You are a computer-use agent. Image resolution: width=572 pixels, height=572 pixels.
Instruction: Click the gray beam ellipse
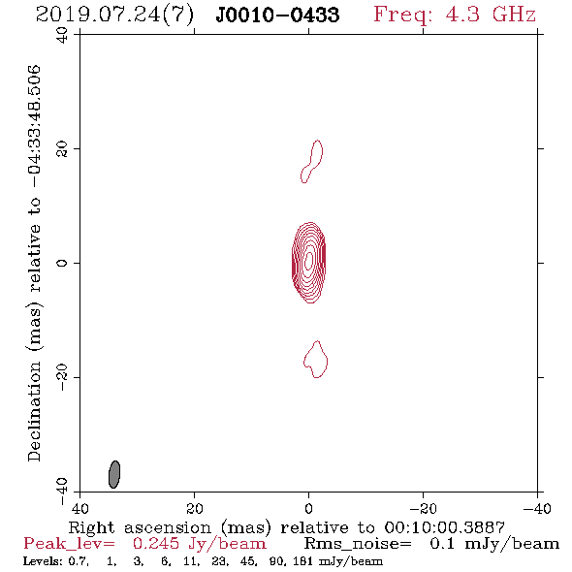(114, 474)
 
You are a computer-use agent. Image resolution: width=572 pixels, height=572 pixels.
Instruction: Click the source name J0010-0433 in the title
(277, 16)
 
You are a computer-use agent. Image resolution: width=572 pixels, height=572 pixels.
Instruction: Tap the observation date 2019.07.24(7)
(114, 16)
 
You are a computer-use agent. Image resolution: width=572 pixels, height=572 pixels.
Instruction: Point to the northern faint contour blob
(312, 161)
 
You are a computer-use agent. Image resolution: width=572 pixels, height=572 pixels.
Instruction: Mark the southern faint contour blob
(316, 360)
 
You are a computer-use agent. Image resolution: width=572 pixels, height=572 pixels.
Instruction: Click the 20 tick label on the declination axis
(62, 149)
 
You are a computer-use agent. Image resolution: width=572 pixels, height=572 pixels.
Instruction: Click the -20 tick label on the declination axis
(62, 377)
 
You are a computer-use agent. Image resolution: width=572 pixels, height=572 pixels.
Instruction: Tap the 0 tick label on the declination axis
(62, 263)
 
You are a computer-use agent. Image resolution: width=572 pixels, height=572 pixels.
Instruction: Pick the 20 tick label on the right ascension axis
(195, 509)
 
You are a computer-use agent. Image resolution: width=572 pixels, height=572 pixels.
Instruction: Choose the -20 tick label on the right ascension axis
(423, 509)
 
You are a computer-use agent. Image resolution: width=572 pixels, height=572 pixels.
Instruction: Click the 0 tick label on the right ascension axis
(309, 509)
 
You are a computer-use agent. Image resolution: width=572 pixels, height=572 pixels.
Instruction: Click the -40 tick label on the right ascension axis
(537, 509)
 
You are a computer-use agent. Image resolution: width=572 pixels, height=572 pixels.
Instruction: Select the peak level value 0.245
(156, 544)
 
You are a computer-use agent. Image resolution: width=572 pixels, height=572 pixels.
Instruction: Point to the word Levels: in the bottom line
(43, 561)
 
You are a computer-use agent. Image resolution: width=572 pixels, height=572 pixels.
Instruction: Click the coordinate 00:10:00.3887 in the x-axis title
(444, 527)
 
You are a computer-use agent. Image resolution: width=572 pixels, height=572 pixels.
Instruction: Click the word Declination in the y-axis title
(34, 411)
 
